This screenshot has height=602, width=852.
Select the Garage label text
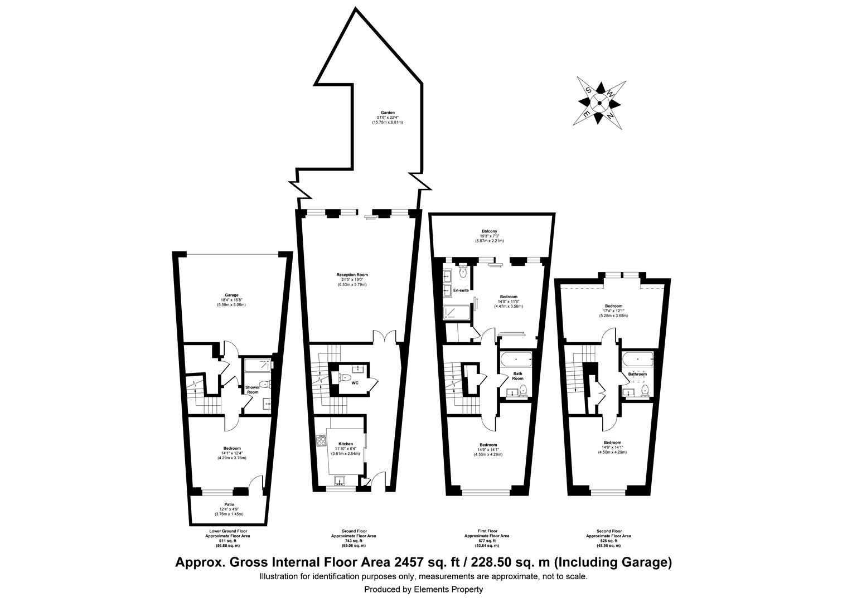tap(231, 295)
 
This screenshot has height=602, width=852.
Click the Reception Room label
tap(352, 275)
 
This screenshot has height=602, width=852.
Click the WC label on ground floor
tap(355, 383)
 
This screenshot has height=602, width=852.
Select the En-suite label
tap(461, 290)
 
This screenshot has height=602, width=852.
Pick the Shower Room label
tap(253, 390)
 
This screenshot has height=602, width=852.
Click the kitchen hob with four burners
tap(321, 441)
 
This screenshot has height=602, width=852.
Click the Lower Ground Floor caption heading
tap(227, 531)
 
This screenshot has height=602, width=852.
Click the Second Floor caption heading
tap(608, 531)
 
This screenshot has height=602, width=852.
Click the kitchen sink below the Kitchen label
tap(340, 480)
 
